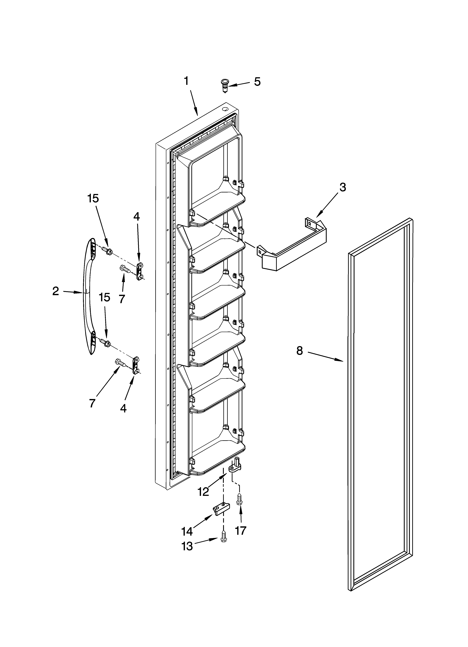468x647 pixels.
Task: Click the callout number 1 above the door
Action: point(186,81)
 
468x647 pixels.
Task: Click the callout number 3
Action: point(343,187)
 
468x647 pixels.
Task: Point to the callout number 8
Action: point(299,351)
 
